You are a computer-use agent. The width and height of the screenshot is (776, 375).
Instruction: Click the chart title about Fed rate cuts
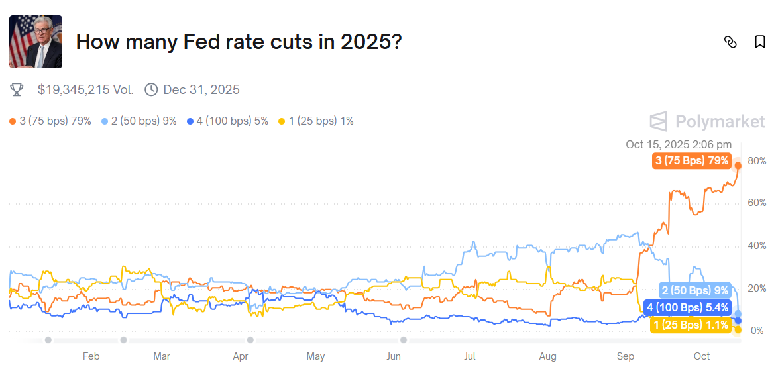coord(239,42)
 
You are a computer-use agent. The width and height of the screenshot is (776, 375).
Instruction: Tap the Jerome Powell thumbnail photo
coord(36,42)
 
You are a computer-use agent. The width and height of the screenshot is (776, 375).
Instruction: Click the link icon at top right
coord(730,42)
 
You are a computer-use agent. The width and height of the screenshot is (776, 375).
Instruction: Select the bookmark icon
coord(760,42)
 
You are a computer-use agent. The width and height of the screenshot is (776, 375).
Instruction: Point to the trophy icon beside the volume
coord(17,89)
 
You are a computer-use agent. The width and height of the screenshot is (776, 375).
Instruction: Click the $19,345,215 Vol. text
coord(85,89)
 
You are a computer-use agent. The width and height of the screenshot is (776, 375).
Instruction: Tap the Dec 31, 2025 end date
coord(201,89)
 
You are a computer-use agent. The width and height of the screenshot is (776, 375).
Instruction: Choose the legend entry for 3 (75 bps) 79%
coord(50,121)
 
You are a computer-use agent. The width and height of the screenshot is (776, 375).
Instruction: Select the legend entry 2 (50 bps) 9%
coord(139,121)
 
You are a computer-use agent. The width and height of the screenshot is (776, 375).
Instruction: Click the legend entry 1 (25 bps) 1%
coord(316,121)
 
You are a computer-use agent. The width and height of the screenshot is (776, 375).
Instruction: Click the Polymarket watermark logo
coord(707,121)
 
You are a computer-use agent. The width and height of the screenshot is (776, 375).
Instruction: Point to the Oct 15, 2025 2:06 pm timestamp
coord(679,144)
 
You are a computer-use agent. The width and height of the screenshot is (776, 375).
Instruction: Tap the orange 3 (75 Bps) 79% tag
coord(692,161)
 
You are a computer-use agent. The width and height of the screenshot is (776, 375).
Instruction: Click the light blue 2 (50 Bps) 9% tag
coord(695,290)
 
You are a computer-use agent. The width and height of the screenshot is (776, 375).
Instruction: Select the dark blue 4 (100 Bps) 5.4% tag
coord(687,307)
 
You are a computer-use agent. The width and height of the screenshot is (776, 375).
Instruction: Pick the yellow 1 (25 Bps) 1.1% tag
coord(691,325)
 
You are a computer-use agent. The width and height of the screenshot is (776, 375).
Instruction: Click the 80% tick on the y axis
coord(757,161)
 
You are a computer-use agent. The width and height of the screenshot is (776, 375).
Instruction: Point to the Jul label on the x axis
coord(470,356)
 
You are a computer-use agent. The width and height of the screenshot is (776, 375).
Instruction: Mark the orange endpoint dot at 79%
coord(738,165)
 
